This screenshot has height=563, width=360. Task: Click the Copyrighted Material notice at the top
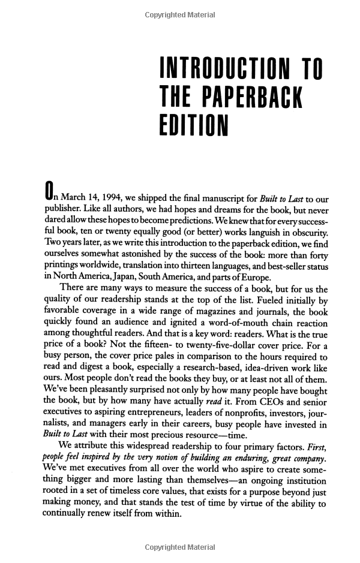[180, 16]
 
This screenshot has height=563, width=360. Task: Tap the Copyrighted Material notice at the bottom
[180, 547]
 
